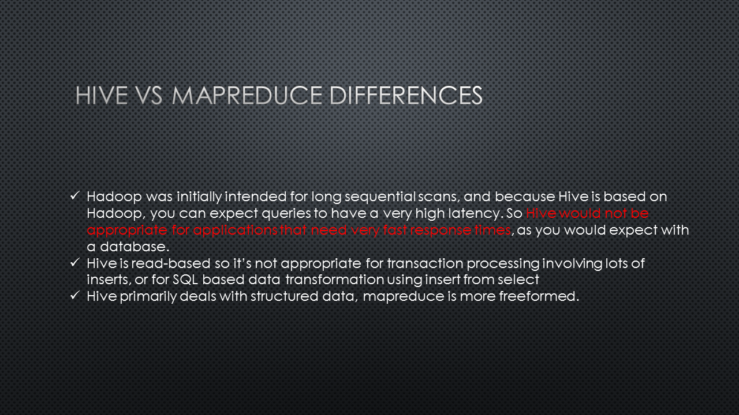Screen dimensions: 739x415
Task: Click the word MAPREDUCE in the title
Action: [247, 96]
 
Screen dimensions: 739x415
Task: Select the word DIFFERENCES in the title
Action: [406, 96]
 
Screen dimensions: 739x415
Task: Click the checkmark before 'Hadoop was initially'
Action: [75, 195]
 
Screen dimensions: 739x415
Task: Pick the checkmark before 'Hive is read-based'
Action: [75, 262]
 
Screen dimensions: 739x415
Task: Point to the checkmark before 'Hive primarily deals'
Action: [75, 296]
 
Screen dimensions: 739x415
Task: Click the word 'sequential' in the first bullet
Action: [380, 197]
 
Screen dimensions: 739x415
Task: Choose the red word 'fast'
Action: [394, 230]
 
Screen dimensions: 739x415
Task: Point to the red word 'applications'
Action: [235, 231]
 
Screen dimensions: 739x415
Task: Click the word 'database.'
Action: [135, 247]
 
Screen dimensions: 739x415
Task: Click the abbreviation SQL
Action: [185, 280]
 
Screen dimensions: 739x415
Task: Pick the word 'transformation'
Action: [334, 280]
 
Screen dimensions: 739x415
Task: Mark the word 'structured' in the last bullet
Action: [285, 296]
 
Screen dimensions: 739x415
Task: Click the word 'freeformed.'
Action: [539, 296]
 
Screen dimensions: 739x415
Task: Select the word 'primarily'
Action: [148, 297]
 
